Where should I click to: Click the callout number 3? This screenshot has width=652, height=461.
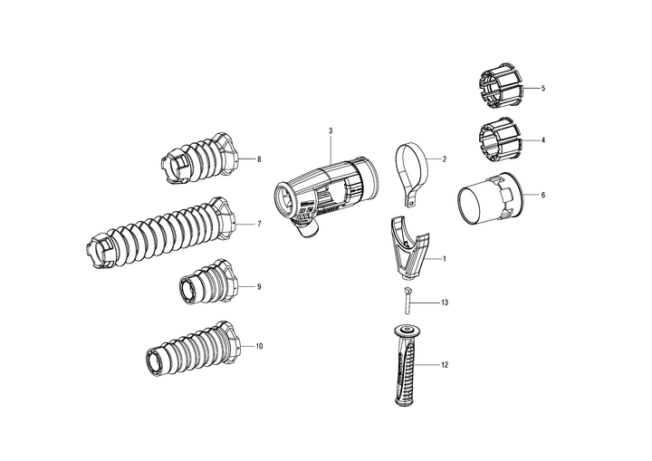pyautogui.click(x=331, y=130)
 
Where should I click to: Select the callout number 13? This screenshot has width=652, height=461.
pyautogui.click(x=445, y=303)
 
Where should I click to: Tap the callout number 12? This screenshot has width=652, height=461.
pyautogui.click(x=445, y=365)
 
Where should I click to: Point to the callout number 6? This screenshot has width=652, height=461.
pyautogui.click(x=543, y=195)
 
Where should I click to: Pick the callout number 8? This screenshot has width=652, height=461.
pyautogui.click(x=259, y=158)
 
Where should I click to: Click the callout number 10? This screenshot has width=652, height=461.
pyautogui.click(x=259, y=346)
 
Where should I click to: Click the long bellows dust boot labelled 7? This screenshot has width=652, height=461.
pyautogui.click(x=160, y=233)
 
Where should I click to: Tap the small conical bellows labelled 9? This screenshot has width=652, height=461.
pyautogui.click(x=208, y=283)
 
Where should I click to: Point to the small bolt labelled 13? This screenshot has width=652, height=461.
pyautogui.click(x=407, y=302)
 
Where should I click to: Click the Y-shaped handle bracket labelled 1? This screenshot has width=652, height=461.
pyautogui.click(x=409, y=247)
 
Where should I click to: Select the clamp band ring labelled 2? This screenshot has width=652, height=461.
pyautogui.click(x=411, y=174)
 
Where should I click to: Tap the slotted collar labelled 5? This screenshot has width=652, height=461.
pyautogui.click(x=501, y=87)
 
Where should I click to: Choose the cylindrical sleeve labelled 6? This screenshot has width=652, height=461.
pyautogui.click(x=492, y=199)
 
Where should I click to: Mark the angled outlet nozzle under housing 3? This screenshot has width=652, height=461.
pyautogui.click(x=305, y=230)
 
